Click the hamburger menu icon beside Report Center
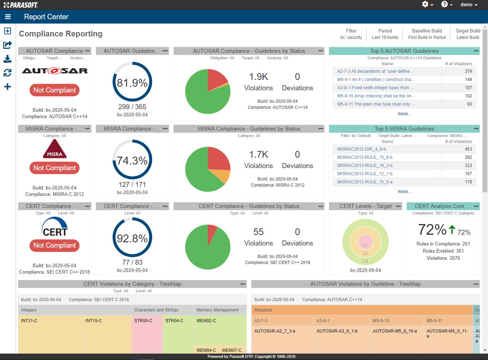(x=8, y=17)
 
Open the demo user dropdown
(x=468, y=5)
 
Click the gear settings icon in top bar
(x=425, y=4)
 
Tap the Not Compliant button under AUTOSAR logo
(x=55, y=90)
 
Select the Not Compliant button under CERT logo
(x=55, y=245)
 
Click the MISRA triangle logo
(x=55, y=149)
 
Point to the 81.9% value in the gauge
(x=132, y=83)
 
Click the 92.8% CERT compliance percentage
(x=132, y=238)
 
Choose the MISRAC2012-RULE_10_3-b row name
(x=365, y=166)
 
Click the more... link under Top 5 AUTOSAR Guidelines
(x=404, y=114)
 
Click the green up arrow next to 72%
(x=452, y=230)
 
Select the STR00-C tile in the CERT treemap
(x=143, y=321)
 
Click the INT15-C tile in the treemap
(x=94, y=321)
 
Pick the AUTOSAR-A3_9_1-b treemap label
(x=337, y=331)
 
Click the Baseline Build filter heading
(x=427, y=31)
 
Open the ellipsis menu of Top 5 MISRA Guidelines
(x=476, y=129)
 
